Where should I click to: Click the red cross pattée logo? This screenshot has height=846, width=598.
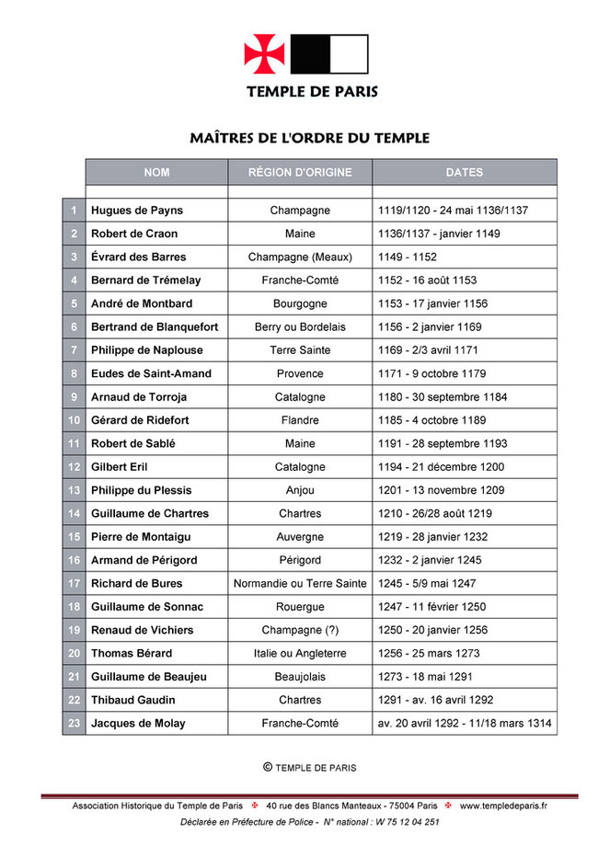[265, 53]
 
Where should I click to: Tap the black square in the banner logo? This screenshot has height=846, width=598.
[310, 53]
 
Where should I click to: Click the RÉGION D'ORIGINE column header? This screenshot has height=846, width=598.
[300, 172]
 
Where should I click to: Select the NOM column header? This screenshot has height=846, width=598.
[156, 172]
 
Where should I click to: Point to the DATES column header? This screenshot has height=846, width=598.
[465, 172]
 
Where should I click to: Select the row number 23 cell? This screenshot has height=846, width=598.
[74, 723]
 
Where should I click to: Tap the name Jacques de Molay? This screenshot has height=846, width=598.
[138, 723]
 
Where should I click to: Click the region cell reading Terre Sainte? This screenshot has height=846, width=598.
[300, 350]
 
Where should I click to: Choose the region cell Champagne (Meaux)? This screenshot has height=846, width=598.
[300, 257]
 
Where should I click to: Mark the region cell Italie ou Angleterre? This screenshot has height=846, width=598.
[300, 653]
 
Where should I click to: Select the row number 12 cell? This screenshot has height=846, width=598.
[74, 467]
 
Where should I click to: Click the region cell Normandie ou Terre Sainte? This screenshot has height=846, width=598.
[300, 583]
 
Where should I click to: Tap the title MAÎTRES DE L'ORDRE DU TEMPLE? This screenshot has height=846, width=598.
[310, 138]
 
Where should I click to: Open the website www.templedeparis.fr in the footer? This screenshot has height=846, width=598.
[503, 806]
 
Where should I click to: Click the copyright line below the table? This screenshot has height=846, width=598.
[310, 767]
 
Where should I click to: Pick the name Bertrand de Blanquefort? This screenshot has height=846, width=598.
[154, 326]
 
